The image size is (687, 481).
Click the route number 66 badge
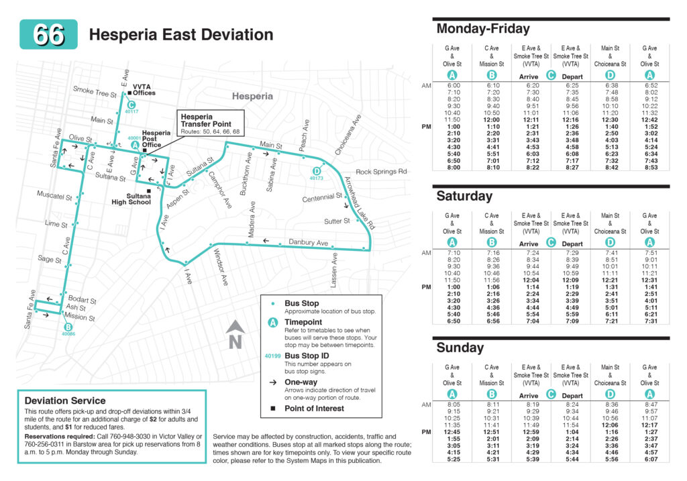49,34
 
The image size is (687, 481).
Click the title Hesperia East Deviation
181,35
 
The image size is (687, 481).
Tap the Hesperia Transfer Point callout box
210,123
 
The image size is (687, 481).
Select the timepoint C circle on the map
131,105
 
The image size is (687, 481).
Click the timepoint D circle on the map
317,170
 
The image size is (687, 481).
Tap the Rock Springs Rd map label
381,172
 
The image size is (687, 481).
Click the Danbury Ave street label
308,242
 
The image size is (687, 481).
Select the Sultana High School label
131,198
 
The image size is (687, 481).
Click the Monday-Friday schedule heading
483,29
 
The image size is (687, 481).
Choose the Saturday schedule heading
464,196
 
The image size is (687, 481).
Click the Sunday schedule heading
460,348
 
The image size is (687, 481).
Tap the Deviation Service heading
65,400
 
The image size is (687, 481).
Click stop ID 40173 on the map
317,178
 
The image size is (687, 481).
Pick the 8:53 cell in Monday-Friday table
649,168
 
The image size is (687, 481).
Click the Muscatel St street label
54,197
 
